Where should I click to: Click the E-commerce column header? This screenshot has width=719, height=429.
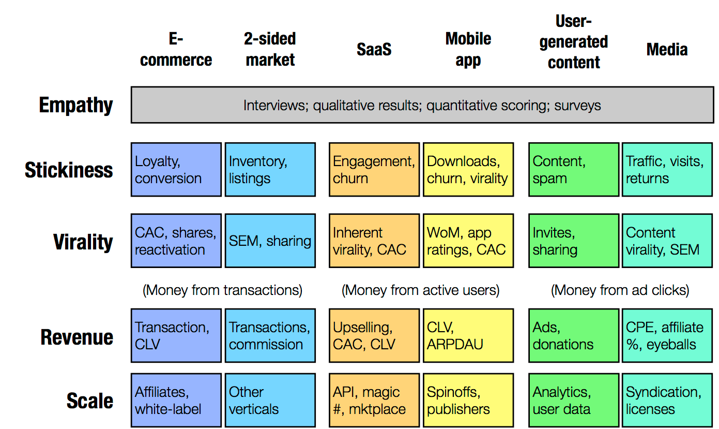click(176, 50)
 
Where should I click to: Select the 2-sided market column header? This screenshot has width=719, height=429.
click(270, 50)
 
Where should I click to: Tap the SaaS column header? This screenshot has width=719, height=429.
click(374, 50)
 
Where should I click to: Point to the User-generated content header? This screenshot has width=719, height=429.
click(573, 42)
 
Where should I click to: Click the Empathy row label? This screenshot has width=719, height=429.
click(76, 105)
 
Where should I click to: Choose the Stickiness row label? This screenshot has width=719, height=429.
click(69, 170)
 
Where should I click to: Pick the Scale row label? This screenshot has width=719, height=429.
click(90, 401)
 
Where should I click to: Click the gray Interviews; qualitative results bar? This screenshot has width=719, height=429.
click(422, 105)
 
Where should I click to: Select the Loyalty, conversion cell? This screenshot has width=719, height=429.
click(176, 170)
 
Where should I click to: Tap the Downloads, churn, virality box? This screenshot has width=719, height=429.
click(468, 170)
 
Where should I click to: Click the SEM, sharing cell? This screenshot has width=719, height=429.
click(270, 241)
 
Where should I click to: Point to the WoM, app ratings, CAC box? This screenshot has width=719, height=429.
click(468, 241)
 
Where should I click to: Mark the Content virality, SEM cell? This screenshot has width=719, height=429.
click(667, 241)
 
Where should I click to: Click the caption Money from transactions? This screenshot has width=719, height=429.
click(223, 290)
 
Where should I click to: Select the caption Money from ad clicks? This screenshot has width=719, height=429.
click(620, 290)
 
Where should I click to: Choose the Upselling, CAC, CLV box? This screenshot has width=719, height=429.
click(374, 336)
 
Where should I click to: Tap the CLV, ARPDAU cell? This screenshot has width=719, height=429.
click(468, 336)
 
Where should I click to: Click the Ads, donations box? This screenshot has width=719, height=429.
click(573, 336)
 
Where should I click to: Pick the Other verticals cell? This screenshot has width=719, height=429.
click(270, 401)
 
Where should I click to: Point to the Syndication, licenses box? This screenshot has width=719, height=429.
click(667, 401)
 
